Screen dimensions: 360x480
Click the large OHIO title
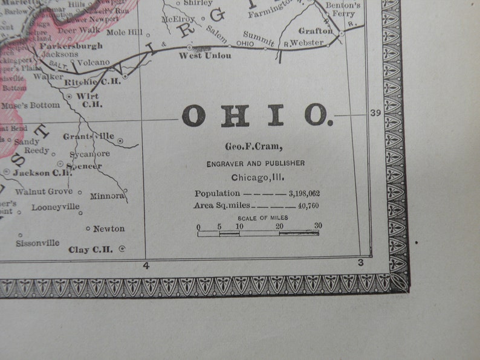pyautogui.click(x=256, y=115)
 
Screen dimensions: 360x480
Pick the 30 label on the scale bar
pyautogui.click(x=318, y=225)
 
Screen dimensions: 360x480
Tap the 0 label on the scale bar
pyautogui.click(x=198, y=227)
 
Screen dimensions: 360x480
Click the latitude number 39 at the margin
pyautogui.click(x=375, y=113)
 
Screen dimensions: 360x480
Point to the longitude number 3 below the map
pyautogui.click(x=361, y=262)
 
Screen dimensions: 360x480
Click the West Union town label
pyautogui.click(x=205, y=56)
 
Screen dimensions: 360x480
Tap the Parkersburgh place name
pyautogui.click(x=71, y=45)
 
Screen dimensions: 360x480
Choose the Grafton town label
pyautogui.click(x=315, y=31)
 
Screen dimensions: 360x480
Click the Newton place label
pyautogui.click(x=109, y=228)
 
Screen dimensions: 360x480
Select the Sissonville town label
pyautogui.click(x=37, y=243)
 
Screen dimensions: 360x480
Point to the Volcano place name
pyautogui.click(x=93, y=62)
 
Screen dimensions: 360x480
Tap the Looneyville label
pyautogui.click(x=56, y=207)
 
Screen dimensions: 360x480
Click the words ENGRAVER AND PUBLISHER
pyautogui.click(x=256, y=163)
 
